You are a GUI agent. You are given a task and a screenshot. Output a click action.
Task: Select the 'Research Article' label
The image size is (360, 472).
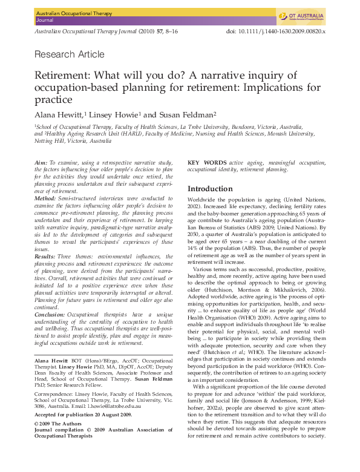coord(70,54)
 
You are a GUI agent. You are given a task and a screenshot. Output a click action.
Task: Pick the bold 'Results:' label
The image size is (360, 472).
coord(47,257)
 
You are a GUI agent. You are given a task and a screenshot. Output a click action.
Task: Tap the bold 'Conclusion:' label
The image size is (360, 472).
coord(51,313)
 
